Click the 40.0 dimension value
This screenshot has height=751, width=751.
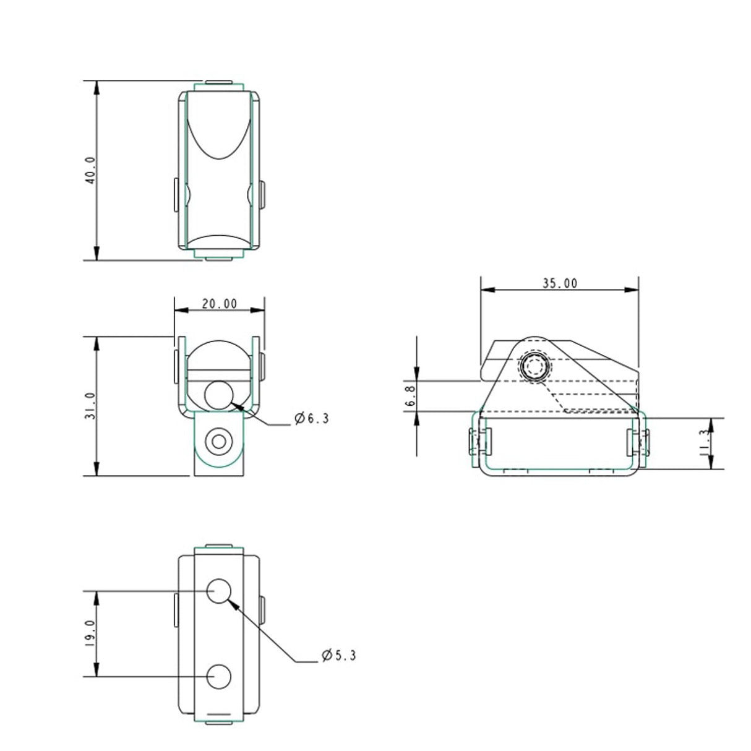pos(90,171)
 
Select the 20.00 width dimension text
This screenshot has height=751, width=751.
pos(219,304)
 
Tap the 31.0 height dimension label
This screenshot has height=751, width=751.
pos(90,406)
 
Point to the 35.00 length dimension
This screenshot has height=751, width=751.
pos(560,283)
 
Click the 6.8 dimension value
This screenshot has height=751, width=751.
pos(411,395)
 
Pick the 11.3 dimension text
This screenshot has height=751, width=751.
pos(704,443)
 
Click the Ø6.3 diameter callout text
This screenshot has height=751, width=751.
pos(312,419)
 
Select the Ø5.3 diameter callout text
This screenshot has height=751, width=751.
pos(339,656)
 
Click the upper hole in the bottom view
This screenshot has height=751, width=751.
pos(218,591)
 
